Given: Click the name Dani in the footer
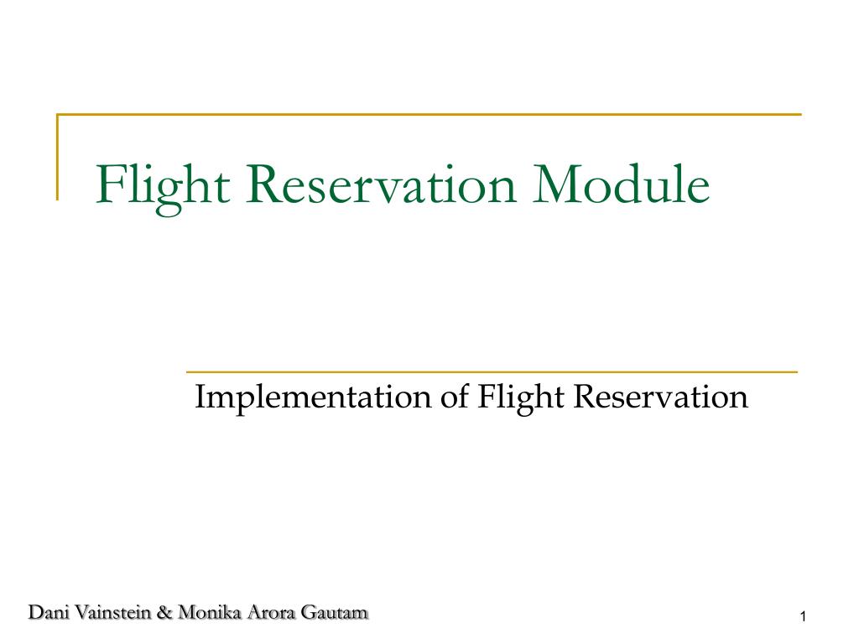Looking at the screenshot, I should click(x=49, y=613).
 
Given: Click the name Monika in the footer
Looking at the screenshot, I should click(x=205, y=613).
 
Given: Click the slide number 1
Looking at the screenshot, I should click(x=803, y=618).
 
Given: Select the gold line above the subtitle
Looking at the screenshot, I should click(x=491, y=371).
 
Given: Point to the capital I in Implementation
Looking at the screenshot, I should click(x=200, y=396).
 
